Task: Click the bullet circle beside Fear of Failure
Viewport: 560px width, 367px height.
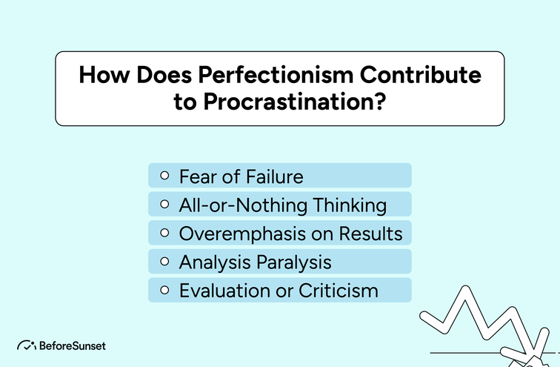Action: [164, 176]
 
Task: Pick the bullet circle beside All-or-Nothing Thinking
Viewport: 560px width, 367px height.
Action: [164, 205]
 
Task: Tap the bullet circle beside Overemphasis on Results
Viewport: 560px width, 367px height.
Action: [164, 234]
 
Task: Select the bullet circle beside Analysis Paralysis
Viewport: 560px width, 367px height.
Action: [164, 262]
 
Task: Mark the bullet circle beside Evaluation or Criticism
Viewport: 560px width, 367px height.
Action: [164, 290]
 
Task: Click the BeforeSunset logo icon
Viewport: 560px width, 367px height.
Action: [26, 345]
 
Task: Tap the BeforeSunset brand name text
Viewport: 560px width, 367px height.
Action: [73, 345]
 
